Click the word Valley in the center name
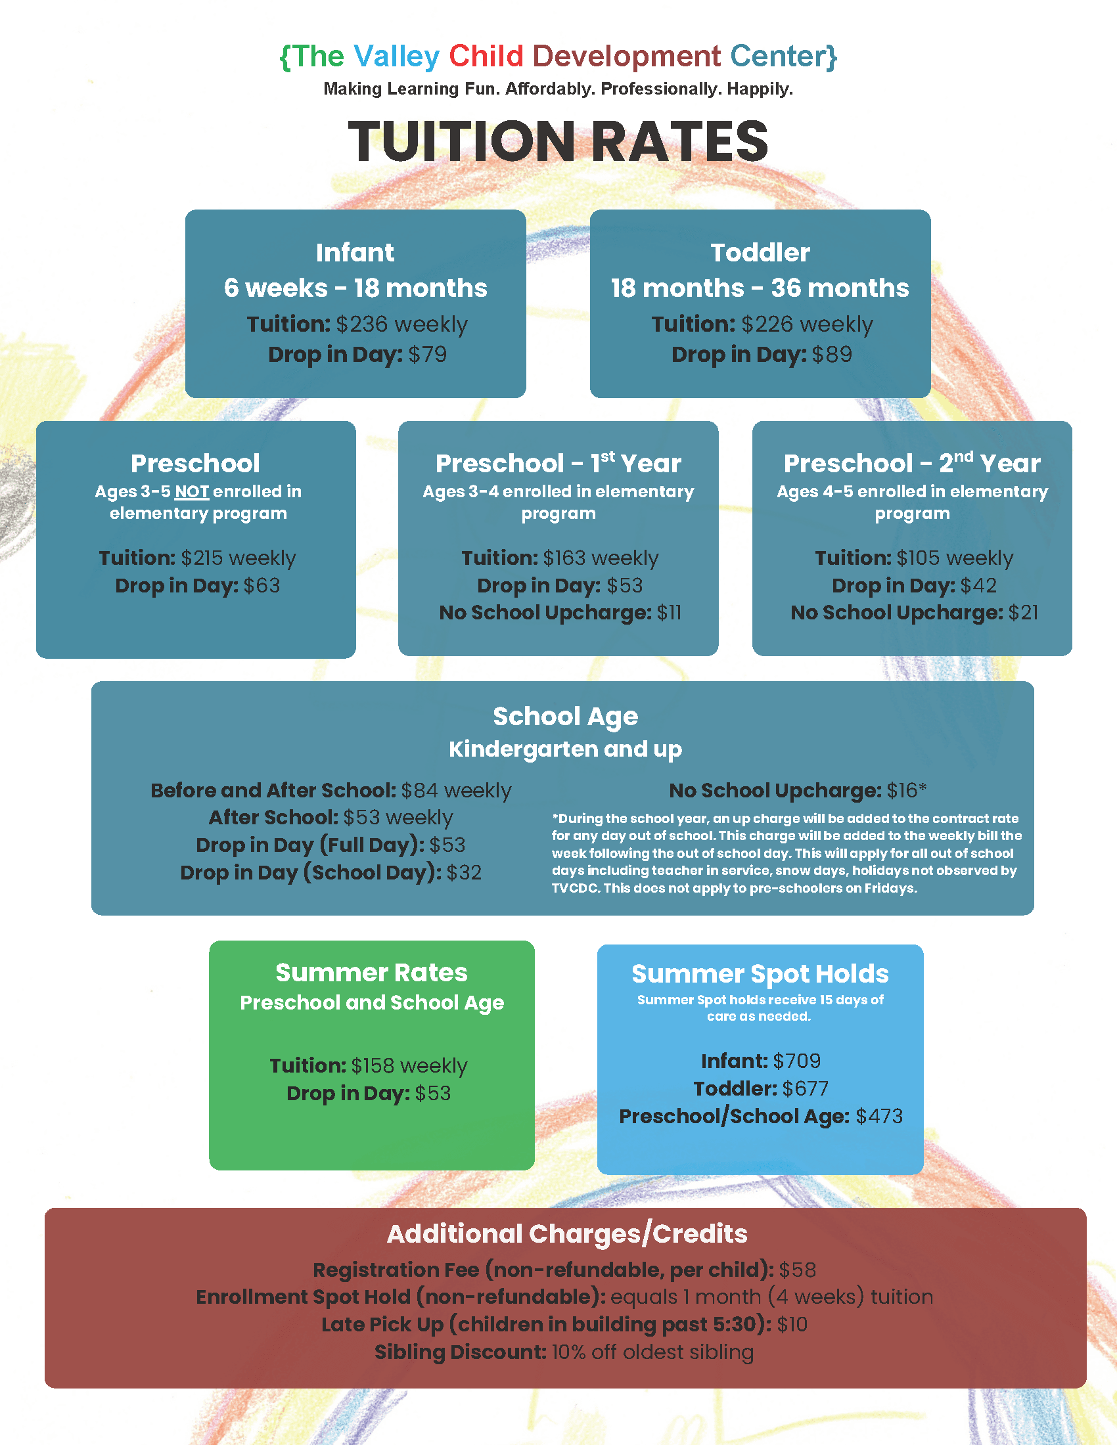396,57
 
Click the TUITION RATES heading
558,142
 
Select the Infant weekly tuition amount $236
361,324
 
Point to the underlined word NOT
192,491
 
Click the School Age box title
565,717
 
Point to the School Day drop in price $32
464,873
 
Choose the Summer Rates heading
371,973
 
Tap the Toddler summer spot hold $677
805,1089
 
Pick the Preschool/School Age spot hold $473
878,1117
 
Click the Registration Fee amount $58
797,1270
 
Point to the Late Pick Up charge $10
792,1325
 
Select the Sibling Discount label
461,1352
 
